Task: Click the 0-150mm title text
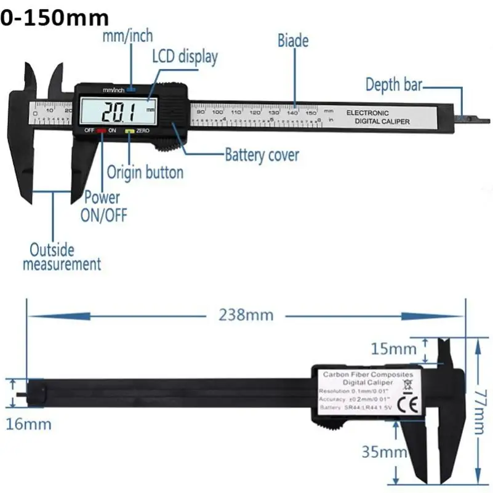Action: [x=55, y=18]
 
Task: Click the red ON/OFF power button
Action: [x=100, y=130]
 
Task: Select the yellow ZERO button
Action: [x=129, y=130]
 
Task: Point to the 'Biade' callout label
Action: [x=293, y=41]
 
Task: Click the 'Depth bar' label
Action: [x=393, y=84]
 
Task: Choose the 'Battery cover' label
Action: [x=262, y=154]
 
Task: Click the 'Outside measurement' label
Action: [x=62, y=257]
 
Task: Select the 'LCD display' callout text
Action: [x=185, y=57]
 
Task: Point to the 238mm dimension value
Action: [x=246, y=315]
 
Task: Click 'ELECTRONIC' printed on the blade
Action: [x=367, y=113]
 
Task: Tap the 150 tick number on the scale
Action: [x=311, y=112]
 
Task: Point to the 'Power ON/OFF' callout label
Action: [x=102, y=206]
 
